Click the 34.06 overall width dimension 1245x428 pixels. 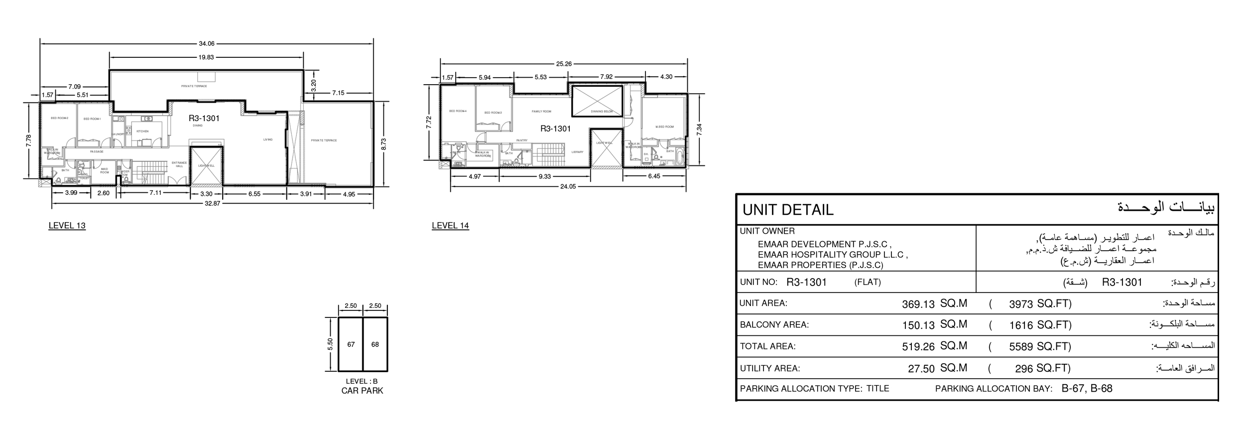(206, 43)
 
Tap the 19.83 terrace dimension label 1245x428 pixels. (206, 57)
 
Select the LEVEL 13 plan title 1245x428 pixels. (67, 226)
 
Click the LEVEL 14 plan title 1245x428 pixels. (450, 226)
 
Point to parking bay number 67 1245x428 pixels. (351, 345)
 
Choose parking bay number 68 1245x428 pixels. (375, 345)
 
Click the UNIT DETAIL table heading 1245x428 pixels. (787, 210)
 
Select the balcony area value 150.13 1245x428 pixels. (918, 325)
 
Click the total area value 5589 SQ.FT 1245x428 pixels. (1040, 347)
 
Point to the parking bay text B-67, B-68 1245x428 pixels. (1087, 389)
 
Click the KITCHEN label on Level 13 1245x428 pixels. (142, 132)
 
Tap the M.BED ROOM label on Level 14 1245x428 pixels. (664, 127)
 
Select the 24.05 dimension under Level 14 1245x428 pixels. (568, 187)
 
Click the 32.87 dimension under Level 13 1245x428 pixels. (213, 203)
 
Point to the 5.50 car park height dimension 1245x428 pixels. (330, 344)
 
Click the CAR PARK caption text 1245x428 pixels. (362, 391)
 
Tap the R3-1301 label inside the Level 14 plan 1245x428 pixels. (555, 129)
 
